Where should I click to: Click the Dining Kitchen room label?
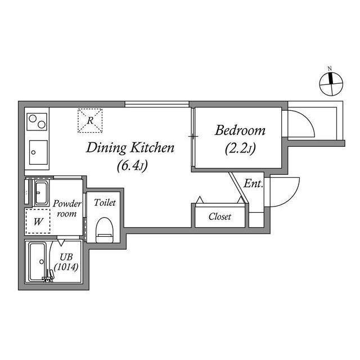(x=130, y=148)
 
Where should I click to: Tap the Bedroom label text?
(x=240, y=131)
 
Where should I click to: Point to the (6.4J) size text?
(x=132, y=166)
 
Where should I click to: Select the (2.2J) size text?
(x=240, y=149)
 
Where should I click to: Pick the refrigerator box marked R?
(x=91, y=120)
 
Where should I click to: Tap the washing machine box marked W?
(x=38, y=221)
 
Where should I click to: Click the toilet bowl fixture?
(x=105, y=229)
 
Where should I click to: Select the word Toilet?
(x=105, y=202)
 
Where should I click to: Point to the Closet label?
(x=219, y=217)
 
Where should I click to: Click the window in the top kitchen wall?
(x=156, y=103)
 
